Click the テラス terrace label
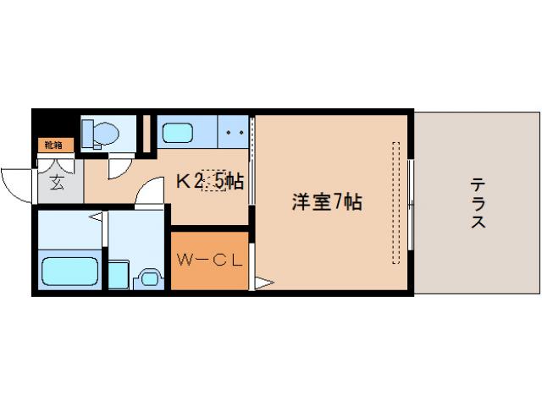tap(478, 203)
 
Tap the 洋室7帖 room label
tap(327, 202)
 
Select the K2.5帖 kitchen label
tap(210, 180)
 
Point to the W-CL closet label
tap(209, 260)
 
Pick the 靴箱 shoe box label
tap(53, 145)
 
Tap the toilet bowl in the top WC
tap(102, 133)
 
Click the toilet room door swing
tap(119, 166)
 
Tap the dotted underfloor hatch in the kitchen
tap(213, 180)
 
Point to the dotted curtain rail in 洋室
tap(395, 202)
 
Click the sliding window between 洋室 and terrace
tap(410, 203)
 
